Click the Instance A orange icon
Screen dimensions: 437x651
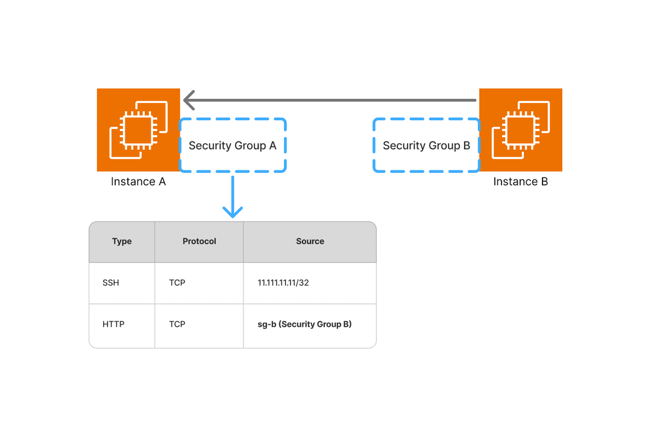pyautogui.click(x=138, y=130)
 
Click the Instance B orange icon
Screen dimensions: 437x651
pyautogui.click(x=521, y=130)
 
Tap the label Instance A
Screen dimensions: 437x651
pyautogui.click(x=138, y=182)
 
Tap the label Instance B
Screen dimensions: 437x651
pyautogui.click(x=521, y=182)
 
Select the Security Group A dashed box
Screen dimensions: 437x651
pyautogui.click(x=233, y=146)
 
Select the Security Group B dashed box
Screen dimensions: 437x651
pyautogui.click(x=426, y=146)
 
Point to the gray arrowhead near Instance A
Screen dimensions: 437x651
pyautogui.click(x=189, y=100)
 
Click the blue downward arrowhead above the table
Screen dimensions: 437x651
pyautogui.click(x=233, y=212)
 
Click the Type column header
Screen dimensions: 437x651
pyautogui.click(x=122, y=241)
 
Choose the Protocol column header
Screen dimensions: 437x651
pyautogui.click(x=199, y=241)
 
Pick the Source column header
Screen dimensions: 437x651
pyautogui.click(x=310, y=241)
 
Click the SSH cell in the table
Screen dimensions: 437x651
pyautogui.click(x=111, y=283)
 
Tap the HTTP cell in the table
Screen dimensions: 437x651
pyautogui.click(x=113, y=324)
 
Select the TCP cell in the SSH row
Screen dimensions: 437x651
pyautogui.click(x=177, y=283)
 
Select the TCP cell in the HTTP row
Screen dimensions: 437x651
pyautogui.click(x=177, y=324)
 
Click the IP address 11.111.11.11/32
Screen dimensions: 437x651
pyautogui.click(x=283, y=283)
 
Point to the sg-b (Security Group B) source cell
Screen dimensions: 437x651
pyautogui.click(x=304, y=324)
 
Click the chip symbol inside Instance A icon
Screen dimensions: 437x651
pyautogui.click(x=138, y=131)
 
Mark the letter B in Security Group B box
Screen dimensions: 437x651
pyautogui.click(x=467, y=146)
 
